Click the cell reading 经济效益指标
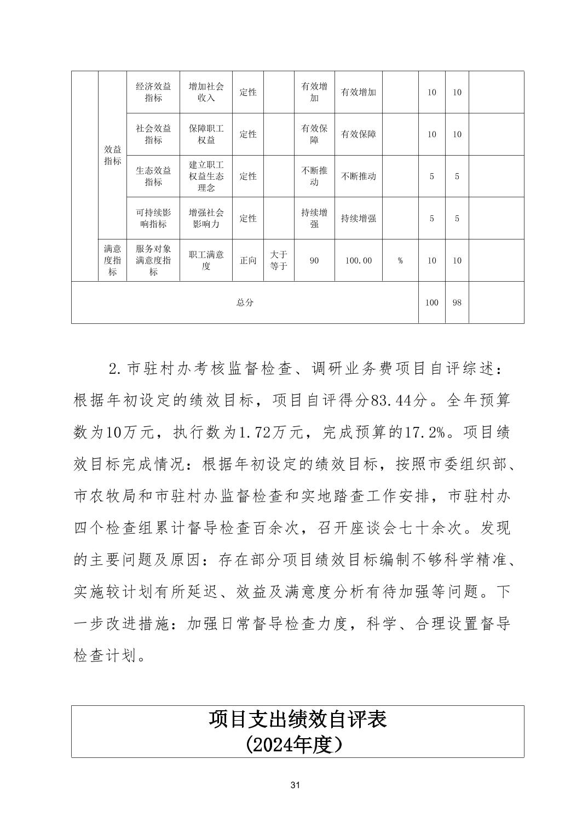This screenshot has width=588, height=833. click(153, 92)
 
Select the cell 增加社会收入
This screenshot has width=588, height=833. click(206, 92)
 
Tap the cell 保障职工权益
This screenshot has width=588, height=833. click(206, 134)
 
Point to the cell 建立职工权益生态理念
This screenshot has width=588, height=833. click(206, 176)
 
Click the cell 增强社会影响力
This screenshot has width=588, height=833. click(206, 218)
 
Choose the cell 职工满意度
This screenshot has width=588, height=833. click(206, 260)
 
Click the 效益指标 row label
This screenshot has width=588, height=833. click(112, 155)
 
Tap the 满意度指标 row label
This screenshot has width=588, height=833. click(112, 260)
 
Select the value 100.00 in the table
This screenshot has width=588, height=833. click(358, 260)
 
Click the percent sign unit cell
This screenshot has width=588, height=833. click(400, 260)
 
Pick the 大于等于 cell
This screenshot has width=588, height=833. click(279, 260)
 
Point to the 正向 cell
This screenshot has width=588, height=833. click(248, 260)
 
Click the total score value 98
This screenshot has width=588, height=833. click(457, 303)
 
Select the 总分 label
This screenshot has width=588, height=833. click(245, 303)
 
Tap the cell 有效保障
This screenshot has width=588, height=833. click(358, 134)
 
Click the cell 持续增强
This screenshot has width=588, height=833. click(358, 218)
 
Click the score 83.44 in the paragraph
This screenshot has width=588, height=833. click(391, 401)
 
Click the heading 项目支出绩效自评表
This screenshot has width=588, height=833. click(297, 719)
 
